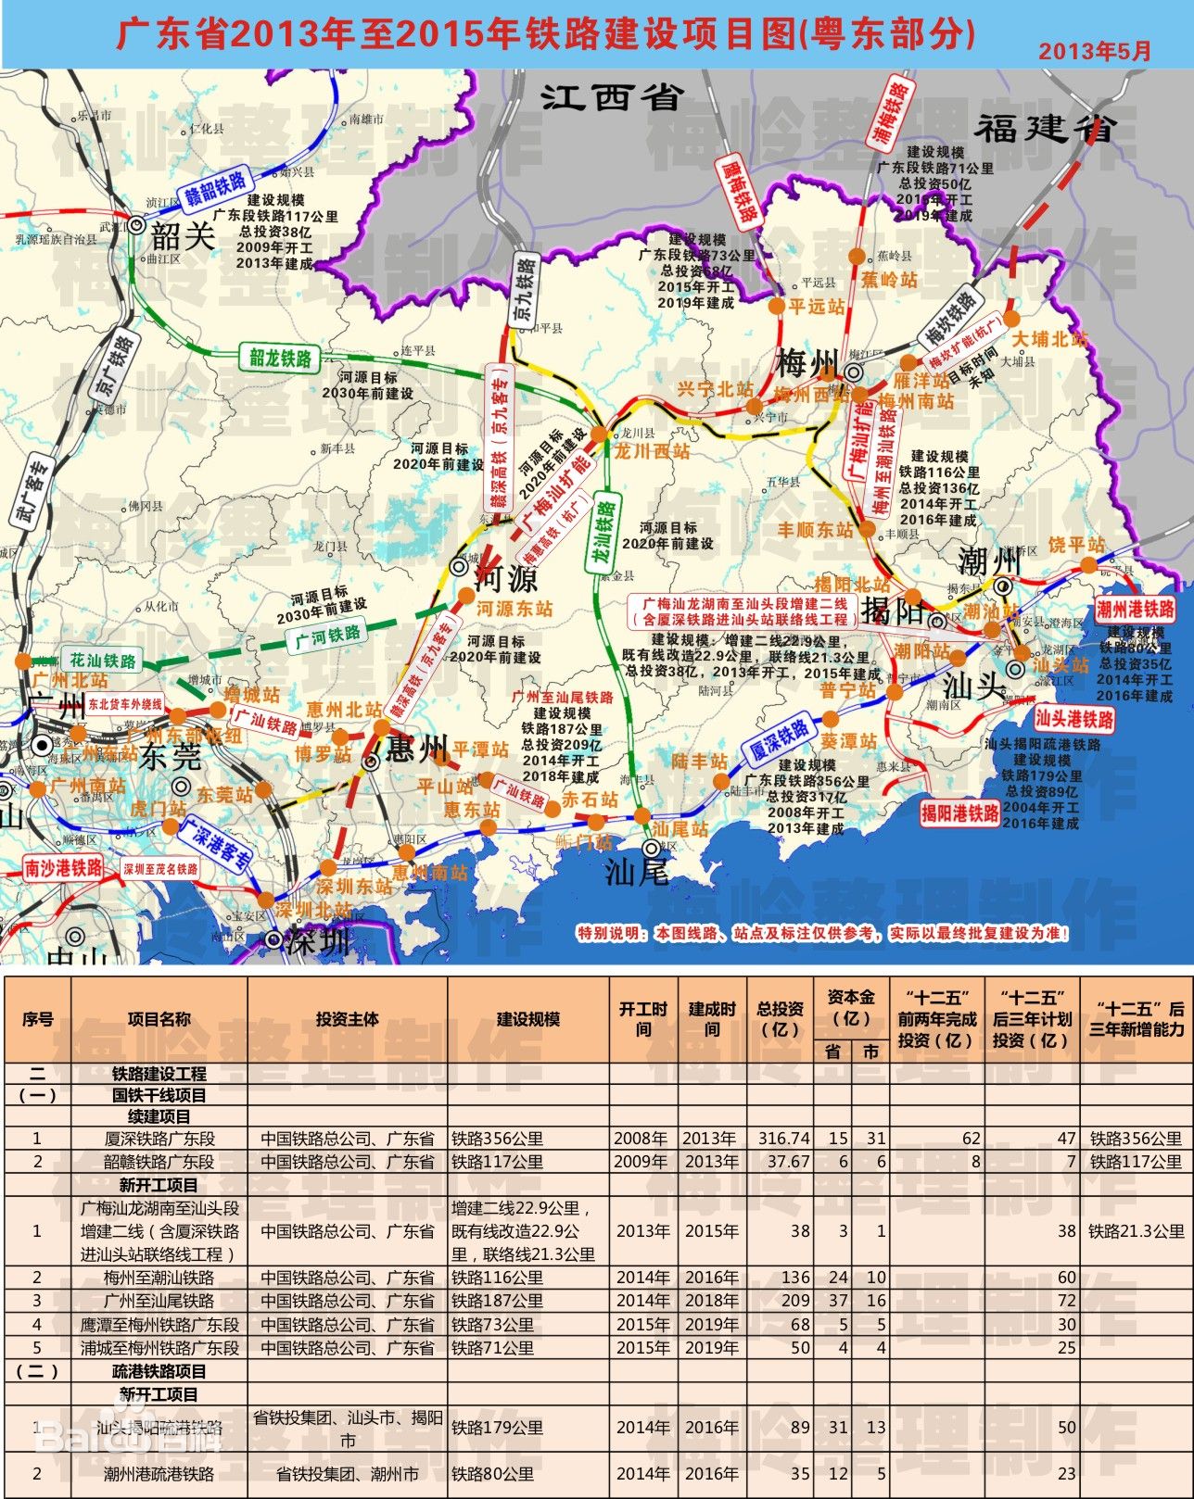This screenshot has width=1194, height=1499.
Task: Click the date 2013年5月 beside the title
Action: pos(1094,51)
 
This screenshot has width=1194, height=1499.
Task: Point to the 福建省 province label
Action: pos(1042,128)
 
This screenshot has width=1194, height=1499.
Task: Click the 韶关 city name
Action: pos(184,235)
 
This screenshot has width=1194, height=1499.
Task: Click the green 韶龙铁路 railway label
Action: pos(280,357)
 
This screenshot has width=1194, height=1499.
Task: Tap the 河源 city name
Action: pos(505,580)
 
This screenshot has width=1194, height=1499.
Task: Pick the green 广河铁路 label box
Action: pos(327,636)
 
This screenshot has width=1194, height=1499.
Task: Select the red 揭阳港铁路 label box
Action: pos(959,813)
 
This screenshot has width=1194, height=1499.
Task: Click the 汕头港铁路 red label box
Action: pos(1074,719)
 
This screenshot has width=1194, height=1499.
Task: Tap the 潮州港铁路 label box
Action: pos(1135,609)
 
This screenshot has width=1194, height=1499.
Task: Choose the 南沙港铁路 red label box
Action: pos(64,868)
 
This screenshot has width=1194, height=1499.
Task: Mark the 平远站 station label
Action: pos(816,307)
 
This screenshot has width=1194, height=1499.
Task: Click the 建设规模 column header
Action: pos(527,1019)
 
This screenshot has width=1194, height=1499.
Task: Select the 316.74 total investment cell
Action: pos(783,1139)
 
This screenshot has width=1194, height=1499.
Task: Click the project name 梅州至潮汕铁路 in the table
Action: pos(159,1278)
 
